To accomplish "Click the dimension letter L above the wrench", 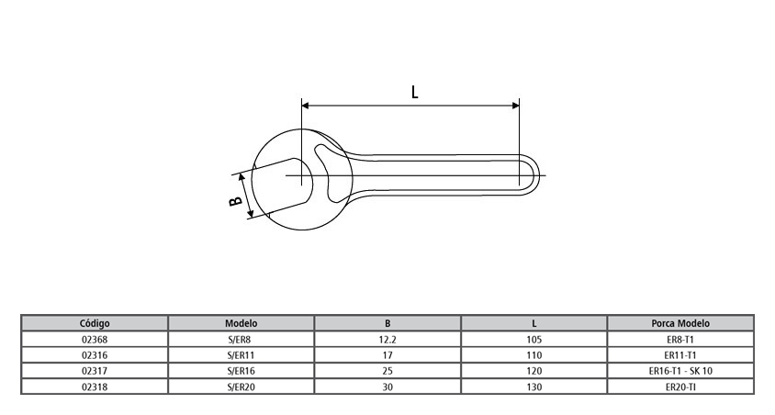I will (415, 92).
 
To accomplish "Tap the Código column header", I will (95, 323).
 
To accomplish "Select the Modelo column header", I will (241, 323).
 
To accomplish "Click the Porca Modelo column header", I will (680, 323).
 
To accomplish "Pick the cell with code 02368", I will (95, 339).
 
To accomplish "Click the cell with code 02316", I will (95, 354).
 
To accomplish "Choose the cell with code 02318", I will (95, 387).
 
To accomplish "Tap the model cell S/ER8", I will (241, 339).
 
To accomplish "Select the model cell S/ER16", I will (241, 371).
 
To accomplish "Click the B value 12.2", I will (388, 339).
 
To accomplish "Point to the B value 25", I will (388, 371).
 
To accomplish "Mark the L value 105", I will (534, 339).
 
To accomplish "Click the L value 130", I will (534, 387).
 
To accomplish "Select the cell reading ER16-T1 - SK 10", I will (680, 371).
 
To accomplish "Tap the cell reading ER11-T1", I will (680, 354).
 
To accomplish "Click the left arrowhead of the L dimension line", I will (306, 106).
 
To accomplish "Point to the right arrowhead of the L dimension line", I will (515, 106).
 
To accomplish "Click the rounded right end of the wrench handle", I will (535, 174).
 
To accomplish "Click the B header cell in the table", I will (388, 323).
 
